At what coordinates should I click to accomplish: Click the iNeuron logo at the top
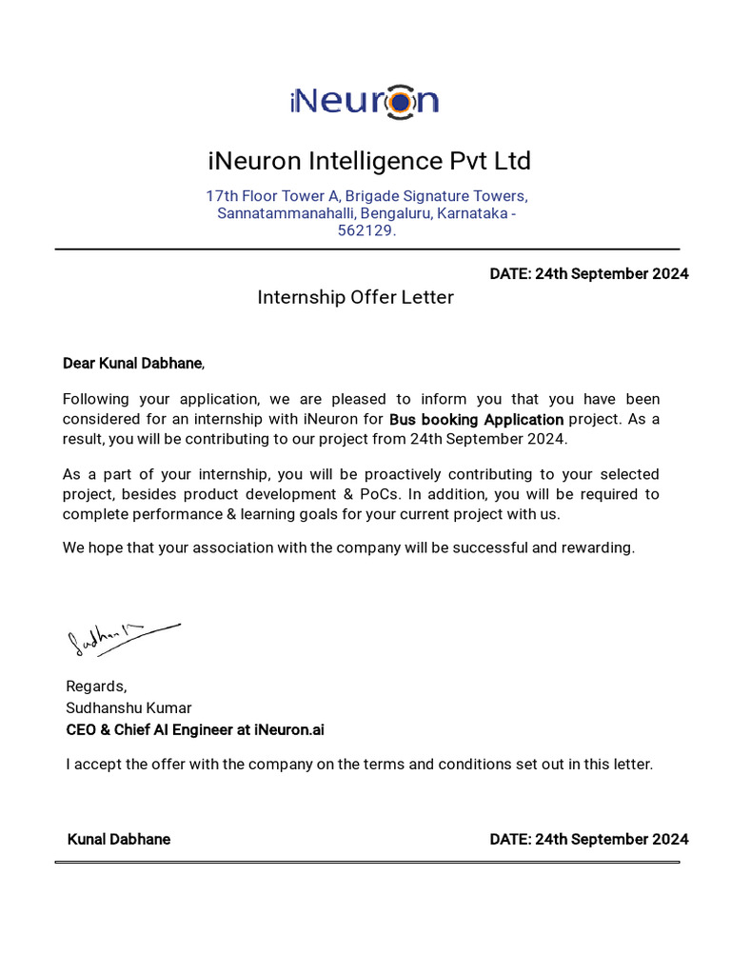(x=365, y=100)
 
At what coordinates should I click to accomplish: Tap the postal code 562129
(x=366, y=230)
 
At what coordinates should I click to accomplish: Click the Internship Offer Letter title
(x=355, y=297)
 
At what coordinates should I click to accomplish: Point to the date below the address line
(x=588, y=274)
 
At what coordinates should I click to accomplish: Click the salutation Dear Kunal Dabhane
(x=132, y=363)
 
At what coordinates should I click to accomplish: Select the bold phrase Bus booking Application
(x=476, y=419)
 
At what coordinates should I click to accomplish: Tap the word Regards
(x=95, y=686)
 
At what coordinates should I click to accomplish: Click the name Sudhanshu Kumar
(x=128, y=708)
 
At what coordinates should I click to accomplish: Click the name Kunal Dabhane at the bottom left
(x=119, y=840)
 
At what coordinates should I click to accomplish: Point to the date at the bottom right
(x=588, y=840)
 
